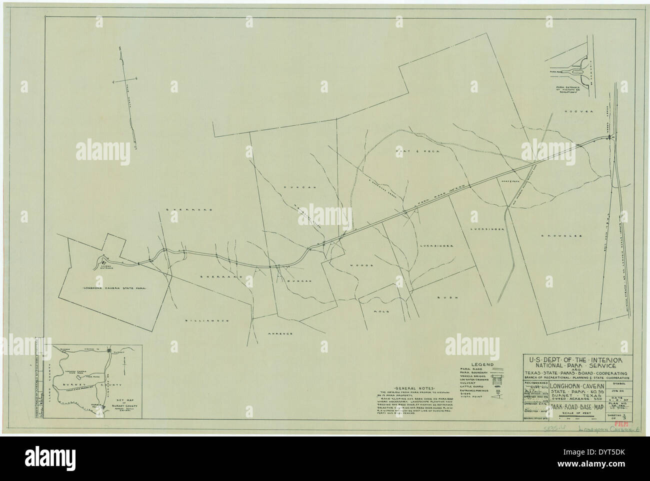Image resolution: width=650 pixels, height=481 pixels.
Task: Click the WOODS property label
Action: click(x=358, y=265)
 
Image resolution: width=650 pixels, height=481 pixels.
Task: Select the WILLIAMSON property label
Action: click(x=198, y=320)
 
